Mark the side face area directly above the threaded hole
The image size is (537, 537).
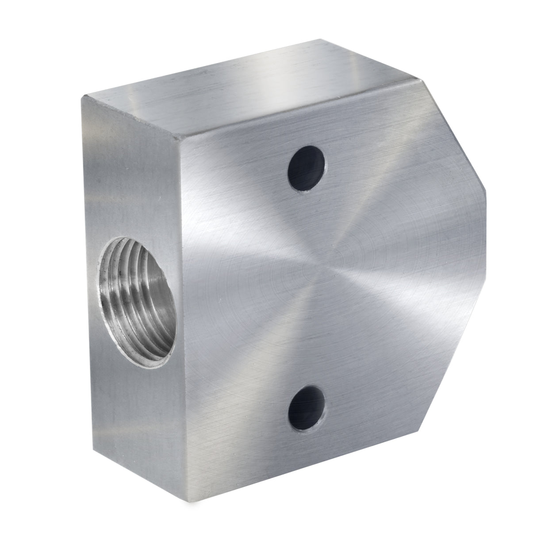click(133, 177)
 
